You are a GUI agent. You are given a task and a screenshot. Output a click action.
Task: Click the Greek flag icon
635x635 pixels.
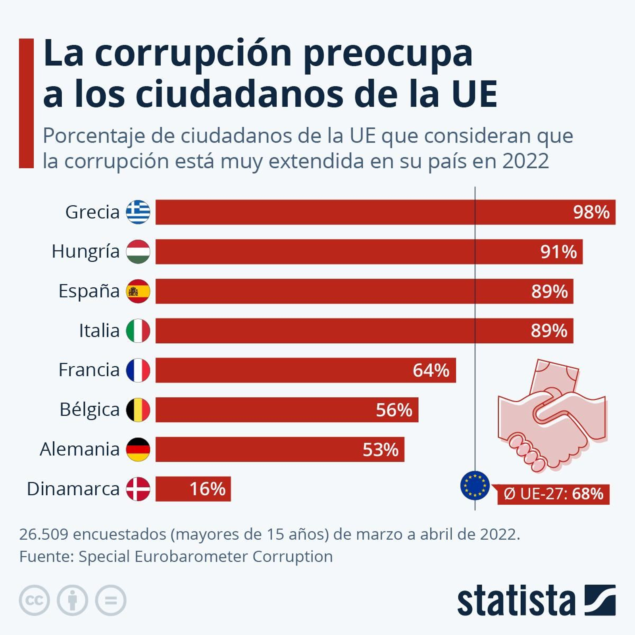(138, 212)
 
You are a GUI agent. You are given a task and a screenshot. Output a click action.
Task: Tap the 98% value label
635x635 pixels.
(591, 212)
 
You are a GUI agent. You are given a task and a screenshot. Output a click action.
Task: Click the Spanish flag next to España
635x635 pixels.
(138, 291)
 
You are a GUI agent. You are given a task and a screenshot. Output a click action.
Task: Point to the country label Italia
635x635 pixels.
(99, 331)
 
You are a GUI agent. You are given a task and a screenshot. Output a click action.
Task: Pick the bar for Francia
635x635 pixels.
(305, 370)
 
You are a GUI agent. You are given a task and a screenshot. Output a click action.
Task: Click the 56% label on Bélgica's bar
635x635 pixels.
(394, 410)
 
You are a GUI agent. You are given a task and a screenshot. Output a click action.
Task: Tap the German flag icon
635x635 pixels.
(138, 449)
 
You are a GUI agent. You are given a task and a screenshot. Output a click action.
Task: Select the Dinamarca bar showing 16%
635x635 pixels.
(193, 489)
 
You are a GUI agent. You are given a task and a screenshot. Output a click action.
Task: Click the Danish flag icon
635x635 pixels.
(138, 489)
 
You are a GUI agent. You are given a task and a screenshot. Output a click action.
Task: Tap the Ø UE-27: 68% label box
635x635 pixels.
(553, 494)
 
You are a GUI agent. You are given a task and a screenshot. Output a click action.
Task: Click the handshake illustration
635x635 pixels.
(552, 429)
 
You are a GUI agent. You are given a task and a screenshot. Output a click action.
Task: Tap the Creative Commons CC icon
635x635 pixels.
(35, 600)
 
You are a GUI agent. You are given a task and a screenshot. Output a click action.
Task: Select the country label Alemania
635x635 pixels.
(79, 450)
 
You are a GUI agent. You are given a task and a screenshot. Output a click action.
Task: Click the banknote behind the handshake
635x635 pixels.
(556, 375)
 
